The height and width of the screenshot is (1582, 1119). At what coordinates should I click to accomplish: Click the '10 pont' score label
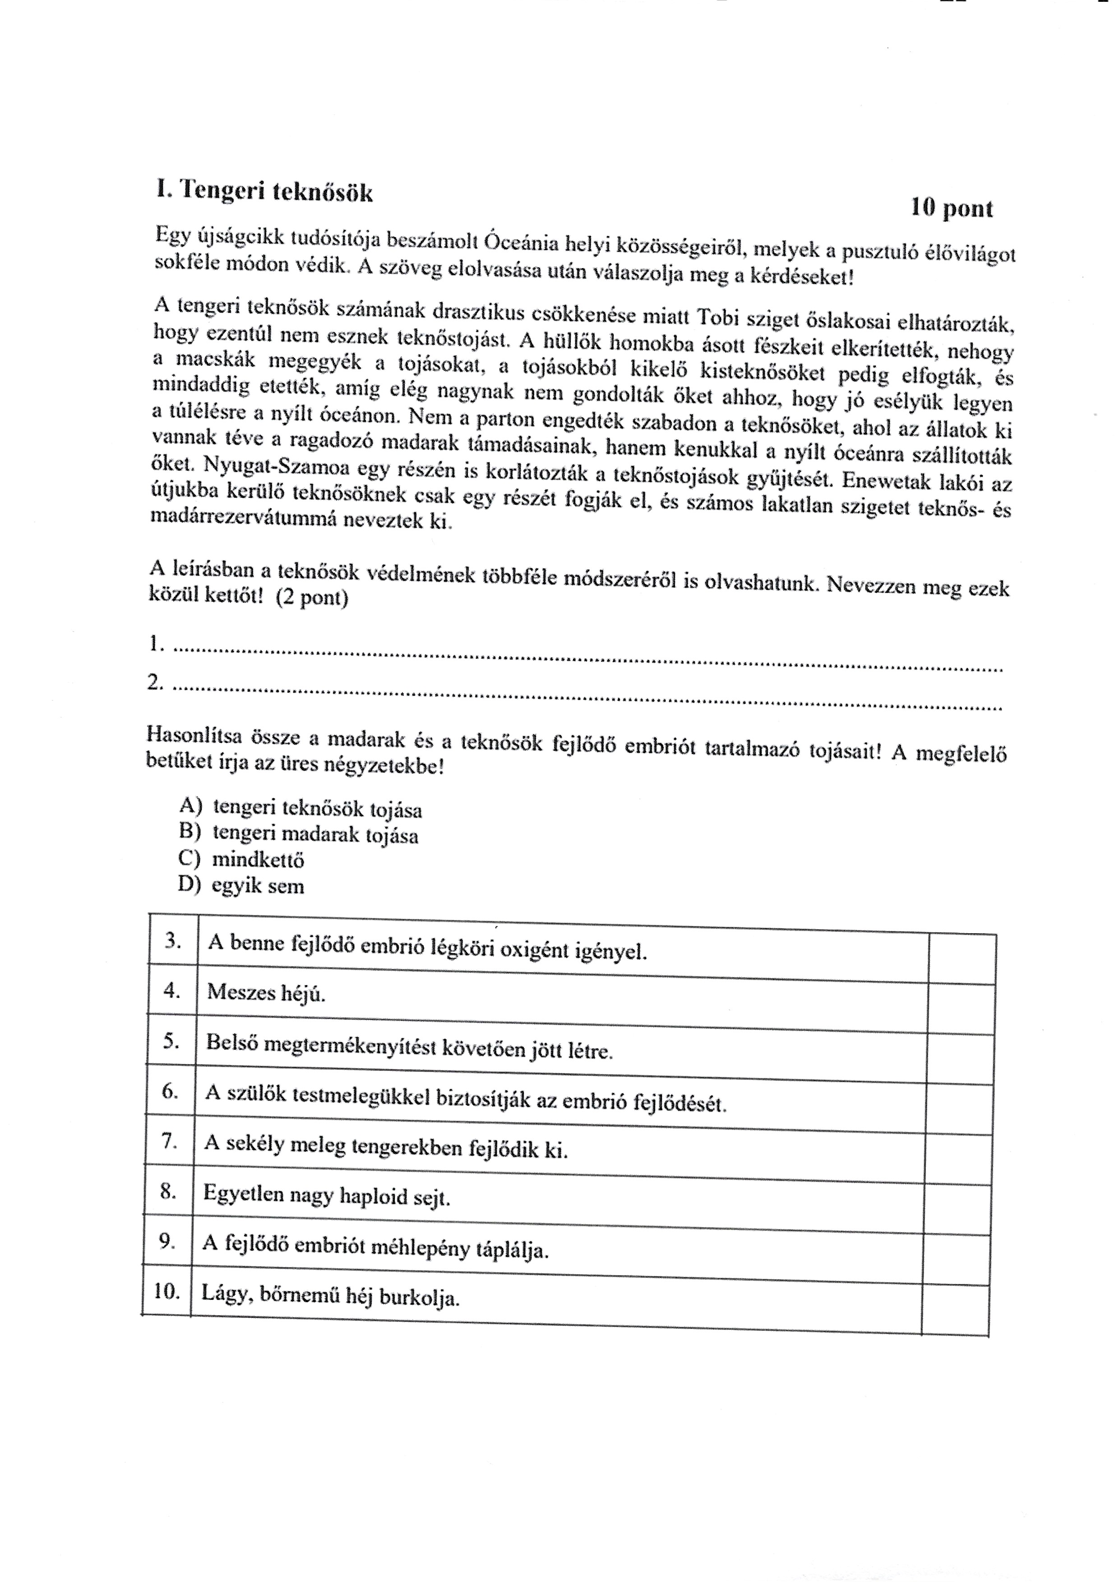[x=952, y=208]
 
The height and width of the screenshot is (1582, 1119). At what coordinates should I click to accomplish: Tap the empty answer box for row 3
[x=961, y=958]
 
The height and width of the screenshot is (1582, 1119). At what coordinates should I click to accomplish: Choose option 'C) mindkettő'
[x=240, y=860]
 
